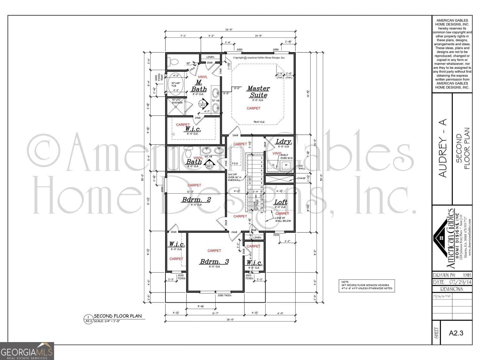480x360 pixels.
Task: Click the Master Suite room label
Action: coord(258,92)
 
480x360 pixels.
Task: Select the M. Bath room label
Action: coord(199,86)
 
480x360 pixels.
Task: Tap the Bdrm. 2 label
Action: coord(196,200)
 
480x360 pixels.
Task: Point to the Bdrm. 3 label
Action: coord(214,261)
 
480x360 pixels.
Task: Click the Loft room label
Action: coord(281,202)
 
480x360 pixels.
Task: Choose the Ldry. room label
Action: coord(283,141)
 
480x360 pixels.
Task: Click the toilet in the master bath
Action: coord(174,61)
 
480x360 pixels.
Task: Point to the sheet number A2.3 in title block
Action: coord(456,333)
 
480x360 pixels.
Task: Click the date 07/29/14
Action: coord(460,282)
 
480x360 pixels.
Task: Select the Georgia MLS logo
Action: coord(27,351)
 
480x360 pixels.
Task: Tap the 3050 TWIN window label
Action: coord(224,295)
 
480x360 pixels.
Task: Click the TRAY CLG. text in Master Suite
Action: coord(259,122)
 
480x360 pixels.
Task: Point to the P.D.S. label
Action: coord(235,164)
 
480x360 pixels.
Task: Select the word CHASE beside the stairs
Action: coord(301,178)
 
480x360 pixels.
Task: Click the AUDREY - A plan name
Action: coord(442,148)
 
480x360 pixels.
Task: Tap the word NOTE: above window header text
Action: coord(345,282)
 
